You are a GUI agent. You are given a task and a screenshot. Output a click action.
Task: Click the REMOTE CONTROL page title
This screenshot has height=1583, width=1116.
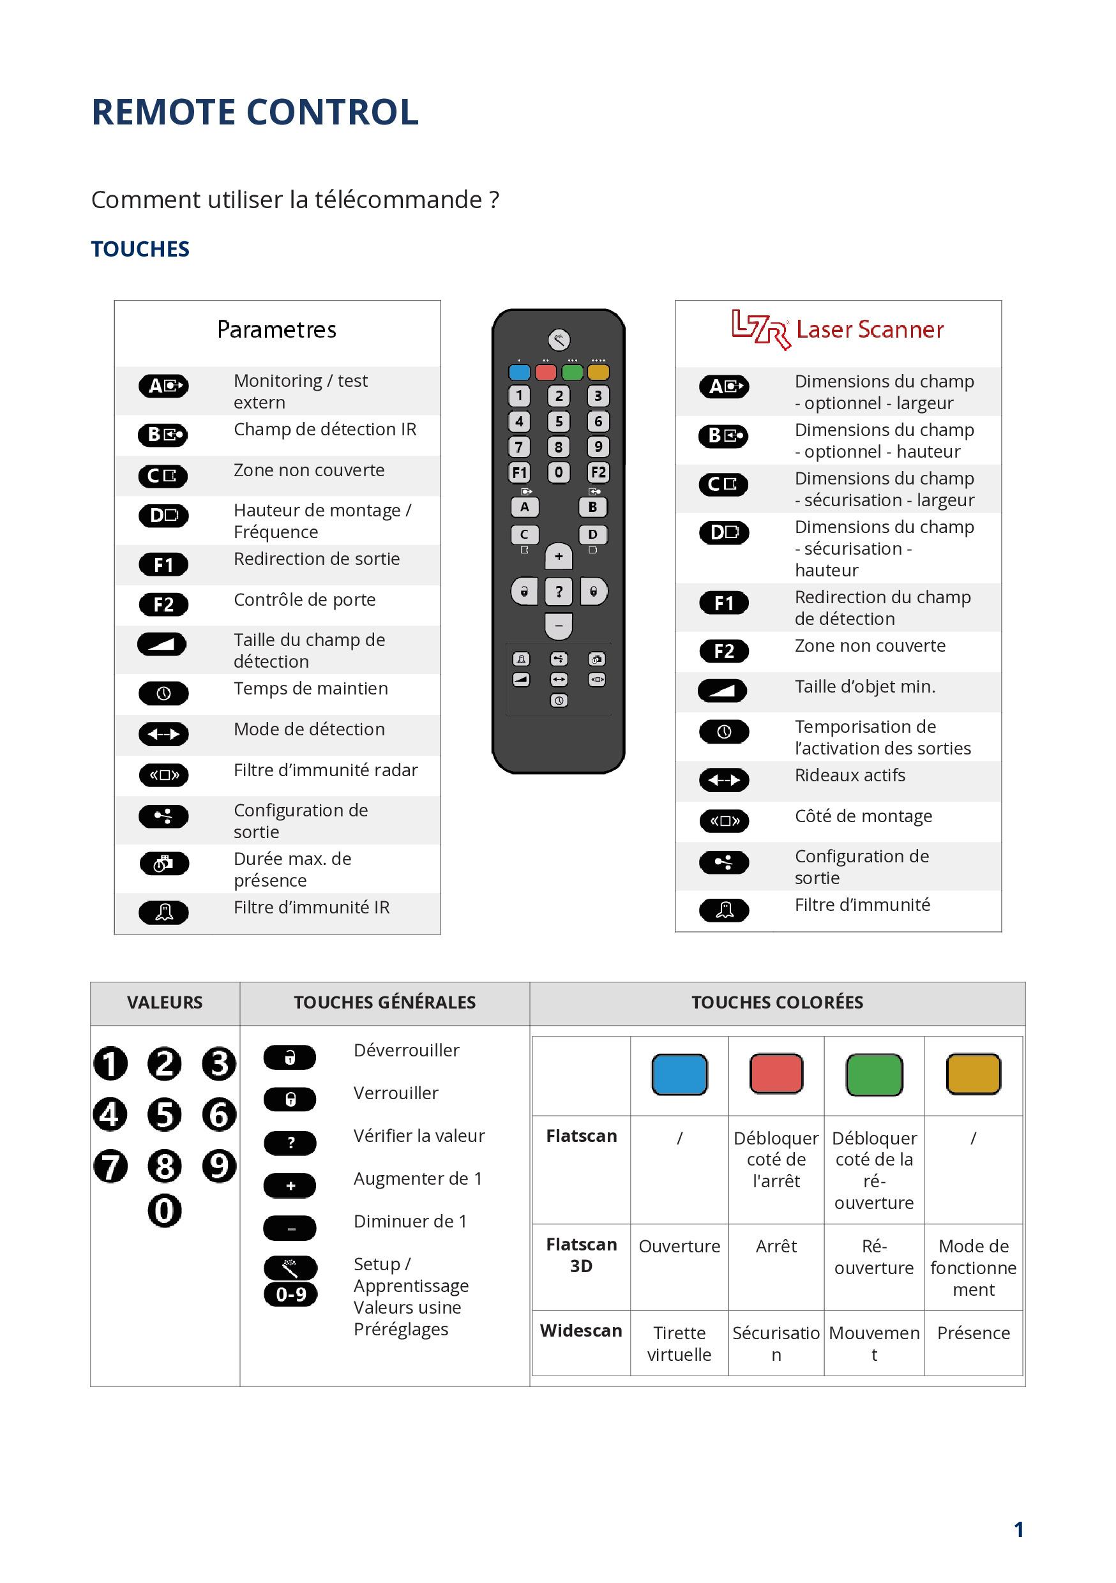tap(255, 112)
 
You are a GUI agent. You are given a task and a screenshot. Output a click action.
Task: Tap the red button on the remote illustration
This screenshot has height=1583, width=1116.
tap(546, 373)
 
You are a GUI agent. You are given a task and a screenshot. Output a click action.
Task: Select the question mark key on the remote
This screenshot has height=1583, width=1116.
tap(559, 592)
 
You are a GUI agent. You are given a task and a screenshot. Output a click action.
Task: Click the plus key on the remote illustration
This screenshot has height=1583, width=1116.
tap(559, 557)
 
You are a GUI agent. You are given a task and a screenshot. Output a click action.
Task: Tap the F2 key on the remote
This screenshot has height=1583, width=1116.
tap(598, 472)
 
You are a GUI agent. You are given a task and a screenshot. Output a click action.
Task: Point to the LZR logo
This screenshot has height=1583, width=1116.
tap(760, 329)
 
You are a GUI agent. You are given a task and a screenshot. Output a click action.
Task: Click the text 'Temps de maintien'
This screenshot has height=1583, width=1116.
tap(310, 688)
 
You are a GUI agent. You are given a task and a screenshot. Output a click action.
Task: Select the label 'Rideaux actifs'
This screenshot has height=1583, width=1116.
tap(849, 775)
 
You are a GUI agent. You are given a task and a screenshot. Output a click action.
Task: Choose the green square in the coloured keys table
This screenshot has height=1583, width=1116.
tap(874, 1074)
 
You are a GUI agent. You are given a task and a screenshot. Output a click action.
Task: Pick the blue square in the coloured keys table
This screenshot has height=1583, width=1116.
tap(679, 1074)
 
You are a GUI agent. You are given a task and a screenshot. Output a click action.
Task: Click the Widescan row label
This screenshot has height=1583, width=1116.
tap(581, 1330)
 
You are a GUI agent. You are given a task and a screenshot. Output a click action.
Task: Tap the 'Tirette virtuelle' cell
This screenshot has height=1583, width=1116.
tap(679, 1343)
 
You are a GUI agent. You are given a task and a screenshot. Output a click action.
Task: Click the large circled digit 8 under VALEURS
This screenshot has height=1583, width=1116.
tap(164, 1166)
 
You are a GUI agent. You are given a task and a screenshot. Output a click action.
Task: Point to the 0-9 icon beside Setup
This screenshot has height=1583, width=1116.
tap(290, 1294)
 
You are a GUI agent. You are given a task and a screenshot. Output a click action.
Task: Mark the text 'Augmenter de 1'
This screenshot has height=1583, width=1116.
tap(418, 1178)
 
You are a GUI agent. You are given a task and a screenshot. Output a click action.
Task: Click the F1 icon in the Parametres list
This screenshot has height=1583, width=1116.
tap(163, 565)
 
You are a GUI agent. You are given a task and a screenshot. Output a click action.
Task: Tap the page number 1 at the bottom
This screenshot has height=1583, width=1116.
tap(1018, 1530)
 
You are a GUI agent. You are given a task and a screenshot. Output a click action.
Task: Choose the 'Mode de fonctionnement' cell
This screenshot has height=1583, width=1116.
tap(972, 1267)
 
